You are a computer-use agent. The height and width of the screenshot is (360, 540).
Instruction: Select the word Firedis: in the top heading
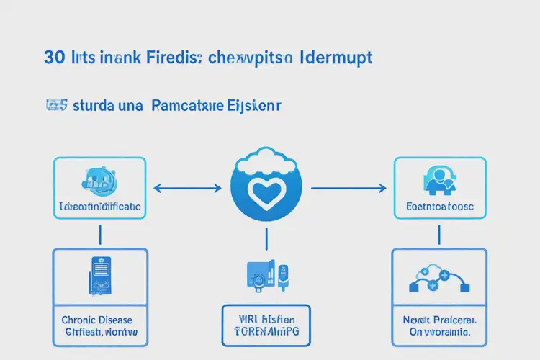point(173,58)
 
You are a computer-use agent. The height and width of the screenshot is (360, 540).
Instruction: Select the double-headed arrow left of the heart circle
point(188,189)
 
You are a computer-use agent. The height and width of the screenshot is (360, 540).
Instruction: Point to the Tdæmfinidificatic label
point(99,207)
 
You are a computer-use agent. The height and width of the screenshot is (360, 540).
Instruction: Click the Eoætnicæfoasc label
point(440,206)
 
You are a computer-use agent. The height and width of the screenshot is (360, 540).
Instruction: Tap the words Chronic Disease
point(99,320)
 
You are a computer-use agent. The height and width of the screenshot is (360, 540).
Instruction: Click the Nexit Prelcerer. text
point(439,320)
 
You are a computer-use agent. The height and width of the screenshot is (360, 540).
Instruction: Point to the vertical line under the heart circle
point(266,238)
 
